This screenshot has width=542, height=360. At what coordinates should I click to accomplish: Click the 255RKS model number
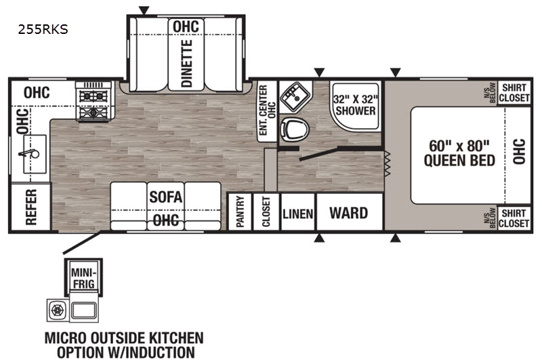tap(43, 29)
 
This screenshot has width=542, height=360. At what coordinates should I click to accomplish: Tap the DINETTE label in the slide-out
tap(187, 63)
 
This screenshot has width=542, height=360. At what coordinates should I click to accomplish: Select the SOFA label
tap(165, 197)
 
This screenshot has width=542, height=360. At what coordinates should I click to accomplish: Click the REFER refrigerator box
tap(30, 207)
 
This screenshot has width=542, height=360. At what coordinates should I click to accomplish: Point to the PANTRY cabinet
tap(240, 212)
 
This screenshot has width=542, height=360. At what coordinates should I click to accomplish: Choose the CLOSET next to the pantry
tap(266, 212)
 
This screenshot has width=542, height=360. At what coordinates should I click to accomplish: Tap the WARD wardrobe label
tap(348, 213)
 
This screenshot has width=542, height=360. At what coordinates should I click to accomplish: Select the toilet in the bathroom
tap(294, 129)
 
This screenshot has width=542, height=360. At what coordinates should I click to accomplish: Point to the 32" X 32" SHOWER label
tap(355, 105)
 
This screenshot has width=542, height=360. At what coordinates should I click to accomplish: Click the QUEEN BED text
tap(459, 161)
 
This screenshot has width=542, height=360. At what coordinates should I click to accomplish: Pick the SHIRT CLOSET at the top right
tap(514, 93)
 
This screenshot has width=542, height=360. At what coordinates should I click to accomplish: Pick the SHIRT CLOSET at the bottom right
tap(514, 218)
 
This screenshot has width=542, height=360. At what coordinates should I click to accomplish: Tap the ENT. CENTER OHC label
tap(267, 110)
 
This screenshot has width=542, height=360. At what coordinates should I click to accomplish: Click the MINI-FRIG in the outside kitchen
tap(83, 279)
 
